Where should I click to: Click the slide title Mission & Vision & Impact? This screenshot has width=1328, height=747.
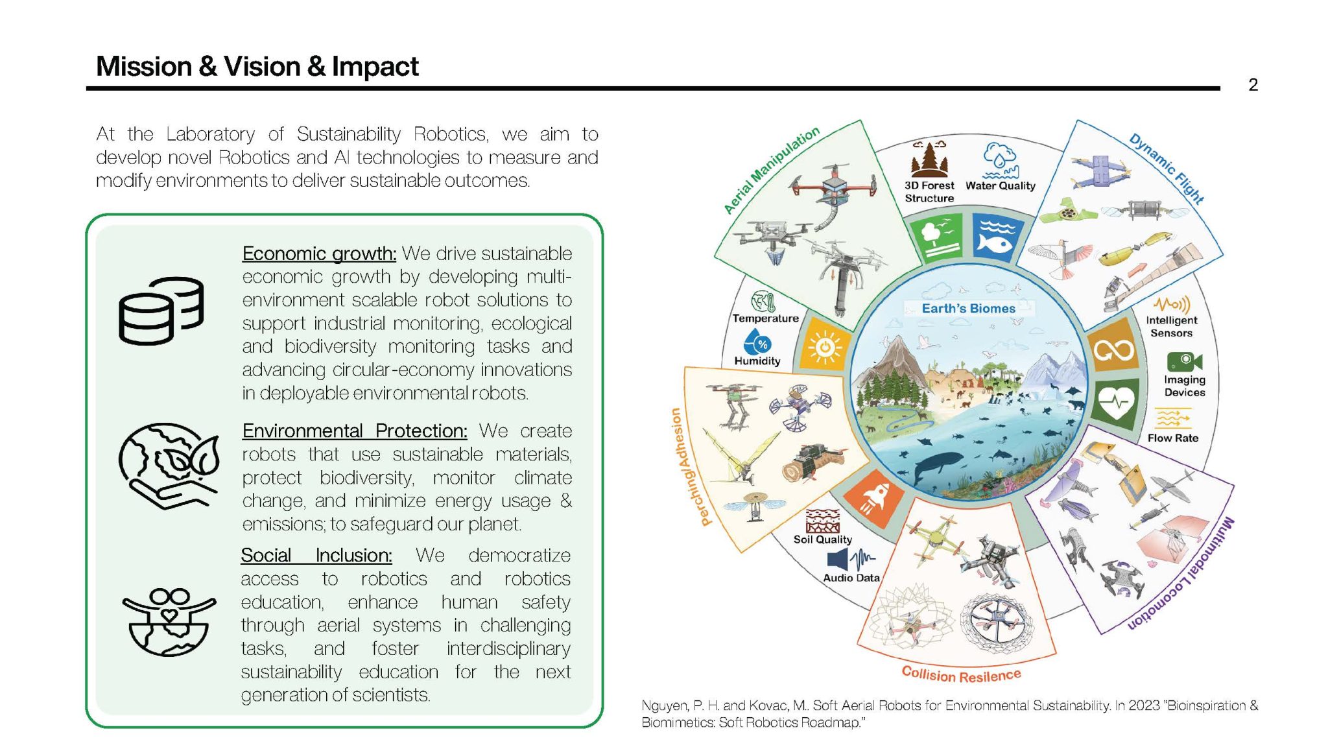[257, 66]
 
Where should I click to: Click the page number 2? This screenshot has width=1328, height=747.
[1253, 85]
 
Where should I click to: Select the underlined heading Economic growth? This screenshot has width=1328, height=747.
[319, 254]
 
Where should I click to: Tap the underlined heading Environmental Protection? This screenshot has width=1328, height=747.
[355, 431]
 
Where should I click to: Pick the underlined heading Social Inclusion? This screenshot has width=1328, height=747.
[316, 555]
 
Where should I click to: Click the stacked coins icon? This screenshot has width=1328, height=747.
[161, 311]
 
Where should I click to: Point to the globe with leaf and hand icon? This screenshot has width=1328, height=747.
[169, 466]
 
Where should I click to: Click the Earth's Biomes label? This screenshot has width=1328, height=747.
[968, 309]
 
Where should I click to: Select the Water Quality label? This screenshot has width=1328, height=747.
[1000, 185]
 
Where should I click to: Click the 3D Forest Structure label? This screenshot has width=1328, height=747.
[929, 192]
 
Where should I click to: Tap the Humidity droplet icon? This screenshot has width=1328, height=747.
[758, 342]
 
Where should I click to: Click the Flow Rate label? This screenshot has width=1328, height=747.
[1173, 438]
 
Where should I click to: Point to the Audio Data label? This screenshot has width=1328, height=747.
[851, 578]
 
